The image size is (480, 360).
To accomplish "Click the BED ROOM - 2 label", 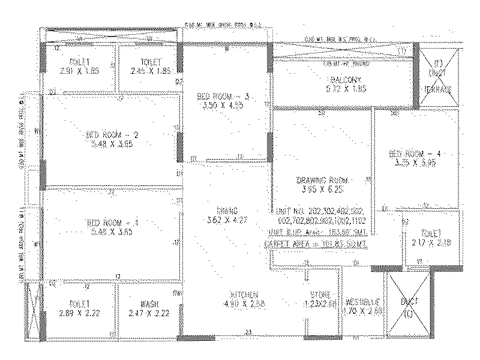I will (x=113, y=134).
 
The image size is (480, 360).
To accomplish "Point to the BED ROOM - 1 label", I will (x=112, y=223).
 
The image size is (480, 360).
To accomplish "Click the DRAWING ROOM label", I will (x=322, y=180).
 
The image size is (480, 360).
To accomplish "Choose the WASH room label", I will (x=148, y=304).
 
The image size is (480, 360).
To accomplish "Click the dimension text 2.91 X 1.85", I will (x=80, y=71).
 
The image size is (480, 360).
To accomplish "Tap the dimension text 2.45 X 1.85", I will (x=150, y=71).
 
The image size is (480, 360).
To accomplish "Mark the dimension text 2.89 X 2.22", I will (x=80, y=313).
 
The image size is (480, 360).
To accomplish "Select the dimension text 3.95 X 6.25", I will (x=322, y=189).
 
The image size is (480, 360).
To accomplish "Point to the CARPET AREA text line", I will (x=316, y=245).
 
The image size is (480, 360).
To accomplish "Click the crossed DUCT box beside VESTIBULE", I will (x=408, y=305).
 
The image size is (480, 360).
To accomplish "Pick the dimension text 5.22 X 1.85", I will (x=341, y=89).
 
